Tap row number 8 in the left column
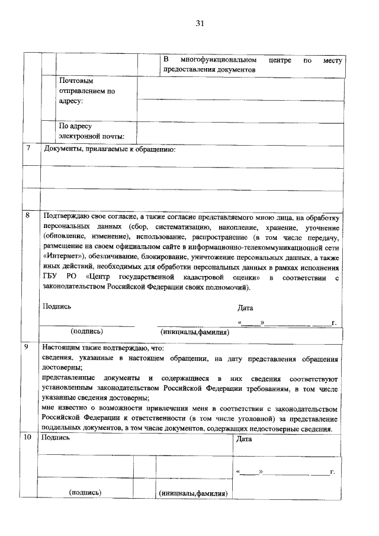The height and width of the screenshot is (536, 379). pyautogui.click(x=28, y=216)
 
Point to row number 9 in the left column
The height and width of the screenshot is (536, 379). pyautogui.click(x=28, y=348)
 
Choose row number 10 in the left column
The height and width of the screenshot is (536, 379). pyautogui.click(x=28, y=438)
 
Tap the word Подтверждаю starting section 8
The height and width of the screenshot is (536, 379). pyautogui.click(x=66, y=217)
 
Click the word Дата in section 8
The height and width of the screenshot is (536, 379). pyautogui.click(x=245, y=308)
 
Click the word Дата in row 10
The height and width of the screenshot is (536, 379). pyautogui.click(x=244, y=439)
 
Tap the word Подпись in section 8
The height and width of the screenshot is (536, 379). pyautogui.click(x=57, y=306)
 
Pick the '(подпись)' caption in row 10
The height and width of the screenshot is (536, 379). pyautogui.click(x=85, y=492)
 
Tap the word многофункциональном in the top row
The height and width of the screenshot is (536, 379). pyautogui.click(x=219, y=60)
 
